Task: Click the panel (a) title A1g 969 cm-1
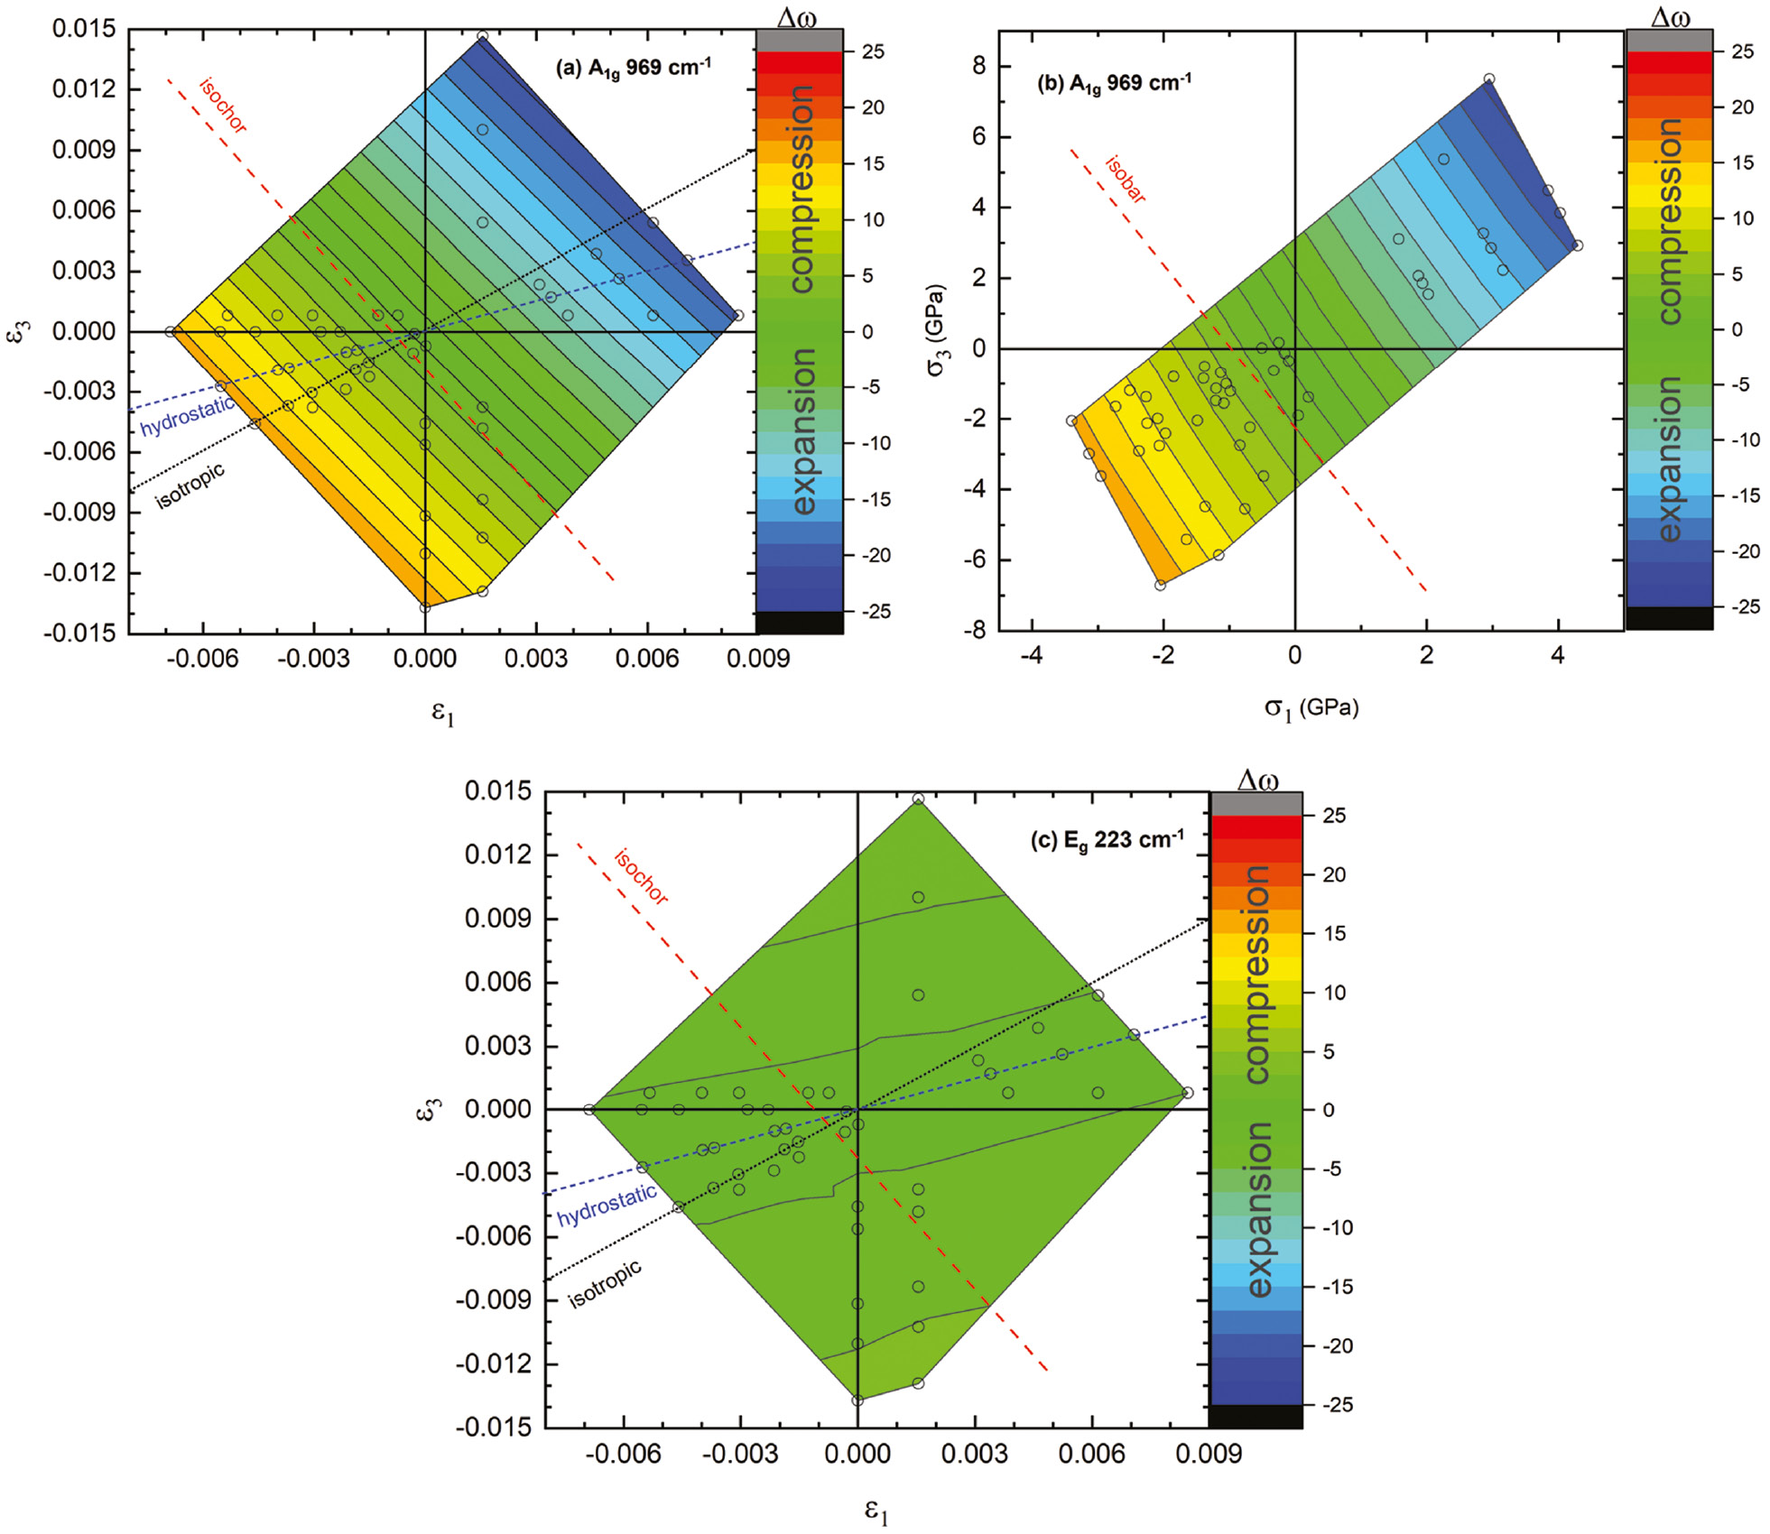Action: point(634,69)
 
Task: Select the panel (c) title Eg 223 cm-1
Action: point(1107,840)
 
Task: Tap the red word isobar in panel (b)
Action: point(1126,179)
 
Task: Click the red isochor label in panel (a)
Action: point(223,106)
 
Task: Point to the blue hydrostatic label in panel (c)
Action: point(607,1206)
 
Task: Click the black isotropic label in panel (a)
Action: point(190,485)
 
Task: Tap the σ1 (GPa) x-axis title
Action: point(1311,708)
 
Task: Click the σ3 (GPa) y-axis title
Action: point(937,330)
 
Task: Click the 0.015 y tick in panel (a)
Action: point(84,29)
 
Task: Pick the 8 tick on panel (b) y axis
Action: point(979,67)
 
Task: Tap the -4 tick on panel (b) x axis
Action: point(1031,656)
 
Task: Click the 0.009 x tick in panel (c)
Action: point(1209,1454)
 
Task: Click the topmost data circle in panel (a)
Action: point(483,37)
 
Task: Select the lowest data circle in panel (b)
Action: point(1161,586)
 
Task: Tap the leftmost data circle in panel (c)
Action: point(589,1110)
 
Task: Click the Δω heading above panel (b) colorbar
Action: point(1670,17)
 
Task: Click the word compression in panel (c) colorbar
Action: point(1256,975)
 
